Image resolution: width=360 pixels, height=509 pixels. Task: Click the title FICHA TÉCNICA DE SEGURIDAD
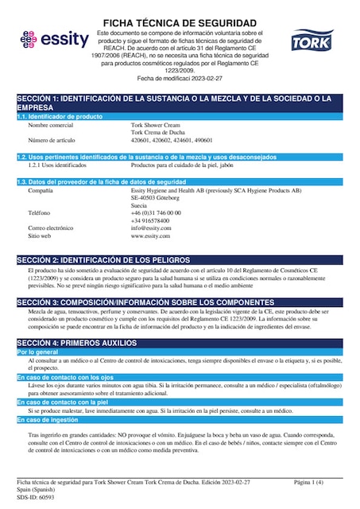[180, 21]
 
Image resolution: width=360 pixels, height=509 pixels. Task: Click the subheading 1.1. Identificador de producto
[60, 117]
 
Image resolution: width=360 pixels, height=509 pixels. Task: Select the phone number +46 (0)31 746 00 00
[156, 213]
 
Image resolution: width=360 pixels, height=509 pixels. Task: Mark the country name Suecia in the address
[140, 205]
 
